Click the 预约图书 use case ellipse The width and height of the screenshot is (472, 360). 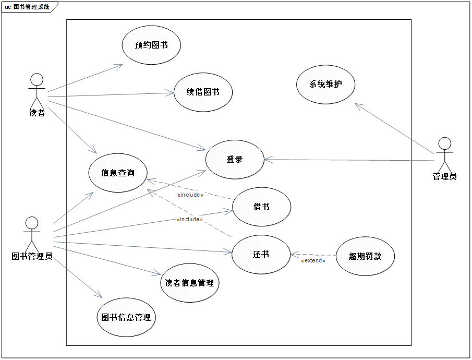[x=151, y=45]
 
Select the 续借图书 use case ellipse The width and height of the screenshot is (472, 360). [x=203, y=92]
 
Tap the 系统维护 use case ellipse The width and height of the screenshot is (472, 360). [x=325, y=84]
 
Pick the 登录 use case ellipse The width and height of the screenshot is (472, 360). [x=235, y=160]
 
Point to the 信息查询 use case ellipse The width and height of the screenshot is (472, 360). [x=118, y=173]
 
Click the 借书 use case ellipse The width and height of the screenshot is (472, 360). [x=261, y=207]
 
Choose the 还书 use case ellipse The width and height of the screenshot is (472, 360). [x=261, y=255]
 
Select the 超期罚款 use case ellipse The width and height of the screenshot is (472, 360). [x=365, y=256]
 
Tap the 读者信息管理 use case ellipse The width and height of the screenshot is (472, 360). [x=189, y=283]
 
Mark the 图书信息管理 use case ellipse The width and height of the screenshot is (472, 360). [x=127, y=317]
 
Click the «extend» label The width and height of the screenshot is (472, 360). [x=313, y=260]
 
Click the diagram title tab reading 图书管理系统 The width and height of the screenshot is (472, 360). [x=29, y=7]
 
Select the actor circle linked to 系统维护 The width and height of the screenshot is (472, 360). [x=445, y=143]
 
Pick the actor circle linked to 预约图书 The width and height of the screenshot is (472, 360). [x=37, y=80]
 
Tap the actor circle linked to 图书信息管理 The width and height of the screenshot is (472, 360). [x=32, y=223]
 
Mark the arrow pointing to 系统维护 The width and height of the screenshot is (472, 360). [x=394, y=128]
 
